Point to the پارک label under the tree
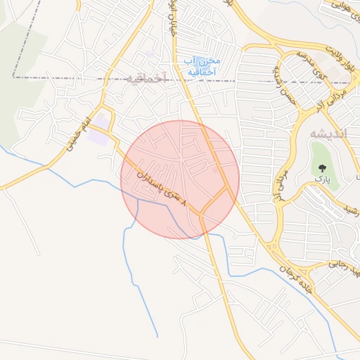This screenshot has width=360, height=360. (x=322, y=180)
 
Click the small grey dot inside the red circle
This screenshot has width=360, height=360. (x=215, y=169)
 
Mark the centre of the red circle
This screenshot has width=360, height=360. (x=180, y=179)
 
